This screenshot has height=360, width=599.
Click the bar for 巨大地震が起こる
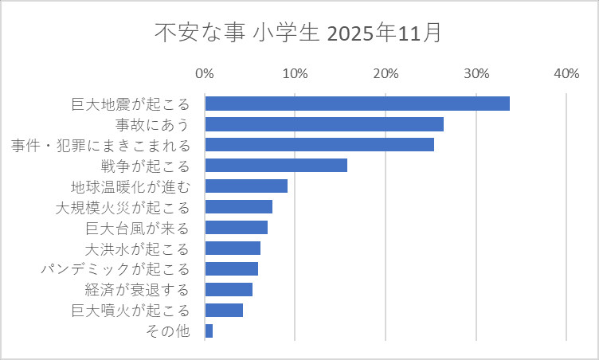357,104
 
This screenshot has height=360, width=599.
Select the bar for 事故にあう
324,124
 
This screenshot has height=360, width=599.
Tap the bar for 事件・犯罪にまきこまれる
319,145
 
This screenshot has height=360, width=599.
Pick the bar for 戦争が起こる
276,166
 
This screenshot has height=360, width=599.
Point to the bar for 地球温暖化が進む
246,186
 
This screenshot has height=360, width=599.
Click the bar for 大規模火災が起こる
239,207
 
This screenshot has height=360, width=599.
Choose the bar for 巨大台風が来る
237,228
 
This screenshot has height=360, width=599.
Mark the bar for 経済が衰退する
229,289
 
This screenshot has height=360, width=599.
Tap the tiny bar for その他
209,331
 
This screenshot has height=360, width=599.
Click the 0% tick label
205,74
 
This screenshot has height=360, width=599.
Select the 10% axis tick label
295,74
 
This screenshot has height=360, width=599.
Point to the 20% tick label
386,74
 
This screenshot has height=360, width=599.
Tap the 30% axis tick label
476,74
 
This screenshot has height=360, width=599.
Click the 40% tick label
566,74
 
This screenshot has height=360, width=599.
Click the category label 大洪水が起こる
138,248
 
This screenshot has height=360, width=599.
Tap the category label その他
169,331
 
